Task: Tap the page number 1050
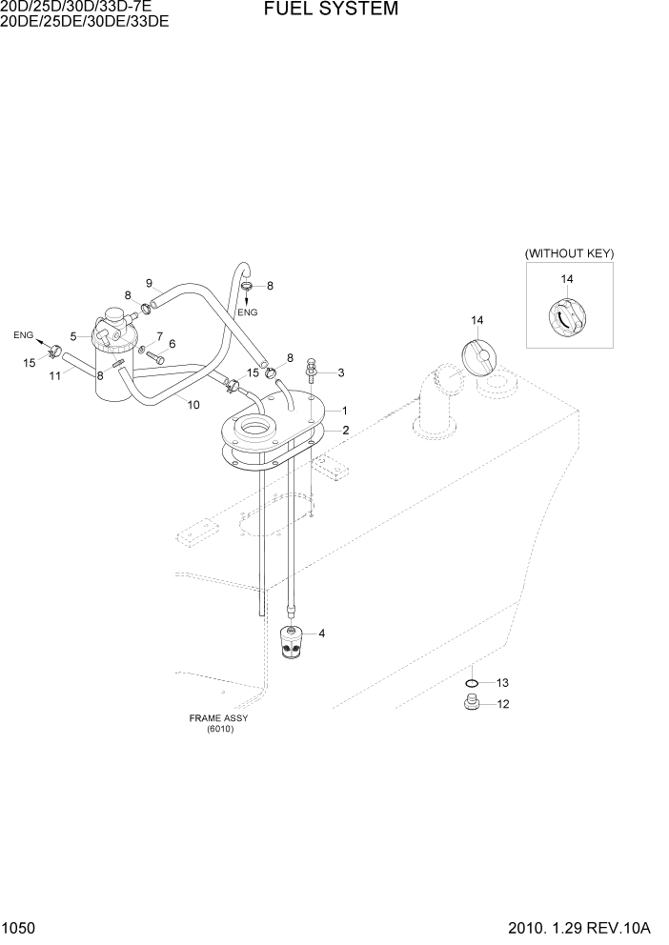[20, 927]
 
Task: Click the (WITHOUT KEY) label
[569, 254]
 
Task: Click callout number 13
[503, 683]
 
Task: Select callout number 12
[503, 705]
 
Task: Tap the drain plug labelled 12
[469, 704]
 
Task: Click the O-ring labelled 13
[471, 683]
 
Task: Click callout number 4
[321, 633]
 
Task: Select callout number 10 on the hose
[193, 405]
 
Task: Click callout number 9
[149, 283]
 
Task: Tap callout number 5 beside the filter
[73, 336]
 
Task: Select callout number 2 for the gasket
[345, 431]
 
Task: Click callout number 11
[55, 376]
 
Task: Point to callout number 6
[172, 344]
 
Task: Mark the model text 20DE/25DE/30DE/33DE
[85, 21]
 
